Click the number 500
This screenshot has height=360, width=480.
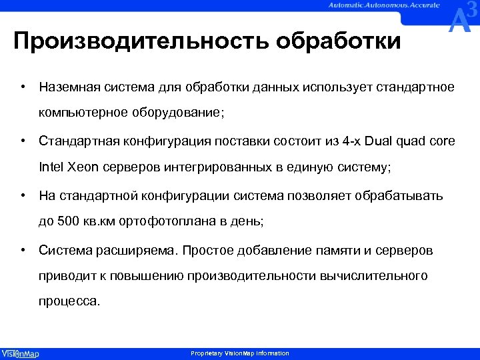[68, 221]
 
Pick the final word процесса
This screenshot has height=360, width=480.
[69, 301]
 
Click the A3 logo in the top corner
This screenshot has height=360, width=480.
[463, 18]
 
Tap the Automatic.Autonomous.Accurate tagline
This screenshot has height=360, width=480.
[383, 6]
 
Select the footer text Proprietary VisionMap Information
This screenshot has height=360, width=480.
[240, 353]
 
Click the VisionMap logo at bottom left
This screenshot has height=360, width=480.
[20, 353]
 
